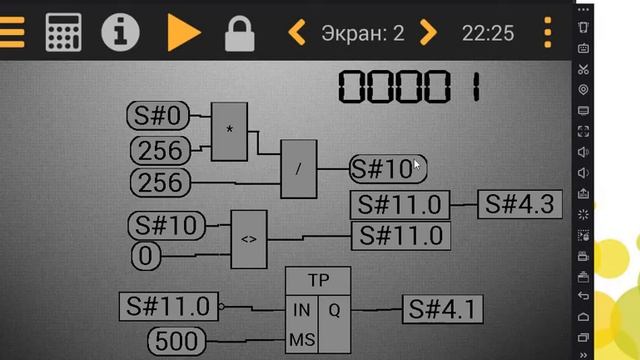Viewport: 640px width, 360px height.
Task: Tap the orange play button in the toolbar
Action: coord(184,32)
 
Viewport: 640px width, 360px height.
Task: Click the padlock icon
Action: coord(240,32)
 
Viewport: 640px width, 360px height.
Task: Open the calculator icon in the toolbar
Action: coord(63,32)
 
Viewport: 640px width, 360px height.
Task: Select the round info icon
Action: coord(120,32)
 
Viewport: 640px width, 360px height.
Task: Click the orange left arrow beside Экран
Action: coord(297,33)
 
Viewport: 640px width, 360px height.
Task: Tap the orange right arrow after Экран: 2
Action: coord(429,33)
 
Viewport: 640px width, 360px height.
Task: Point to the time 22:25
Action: coord(488,33)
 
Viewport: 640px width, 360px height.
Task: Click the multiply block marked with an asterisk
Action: coord(229,131)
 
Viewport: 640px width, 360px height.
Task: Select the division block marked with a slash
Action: coord(298,169)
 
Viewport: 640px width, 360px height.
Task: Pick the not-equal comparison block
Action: coord(249,240)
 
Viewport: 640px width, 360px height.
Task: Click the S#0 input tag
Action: coord(158,117)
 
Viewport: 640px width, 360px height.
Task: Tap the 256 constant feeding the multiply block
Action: coord(160,151)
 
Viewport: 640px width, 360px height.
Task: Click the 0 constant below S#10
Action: coord(146,256)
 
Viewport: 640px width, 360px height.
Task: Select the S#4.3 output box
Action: coord(520,204)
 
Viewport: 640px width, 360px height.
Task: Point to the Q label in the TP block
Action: coord(334,310)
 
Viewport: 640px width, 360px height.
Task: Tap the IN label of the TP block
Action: coord(301,310)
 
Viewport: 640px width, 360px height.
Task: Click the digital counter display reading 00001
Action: coord(409,86)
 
